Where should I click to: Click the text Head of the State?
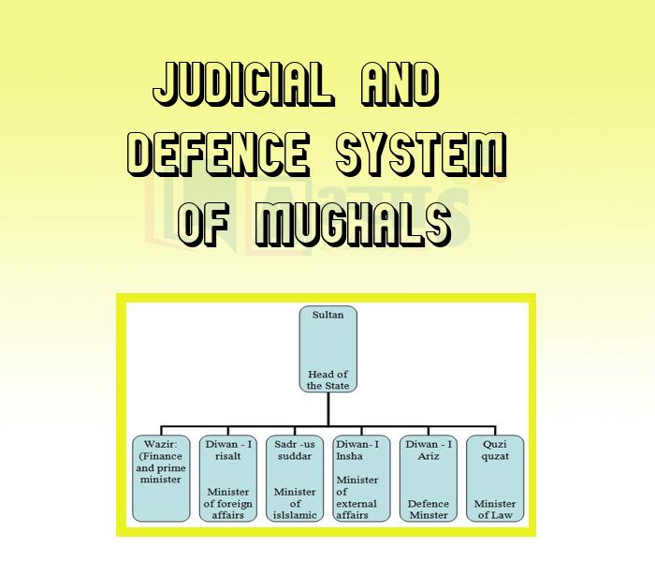tap(327, 379)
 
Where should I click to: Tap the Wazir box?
tap(162, 478)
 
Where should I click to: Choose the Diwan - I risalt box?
tap(228, 478)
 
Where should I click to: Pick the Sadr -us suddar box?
tap(294, 478)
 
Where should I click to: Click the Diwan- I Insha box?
tap(360, 478)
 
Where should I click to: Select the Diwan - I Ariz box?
tap(428, 478)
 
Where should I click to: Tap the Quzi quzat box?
tap(494, 478)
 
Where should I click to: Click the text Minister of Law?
tap(494, 510)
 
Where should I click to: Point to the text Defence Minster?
tap(428, 510)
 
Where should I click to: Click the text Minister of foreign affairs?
tap(228, 503)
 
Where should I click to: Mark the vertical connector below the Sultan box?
tap(327, 408)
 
